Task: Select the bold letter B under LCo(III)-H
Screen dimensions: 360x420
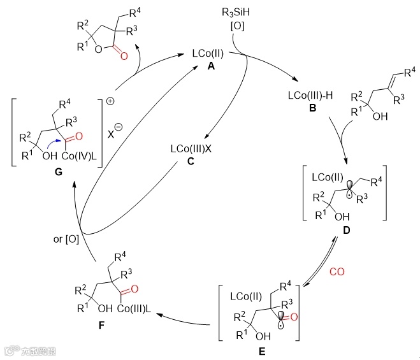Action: (x=313, y=108)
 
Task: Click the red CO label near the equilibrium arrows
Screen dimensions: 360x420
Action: (x=337, y=271)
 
